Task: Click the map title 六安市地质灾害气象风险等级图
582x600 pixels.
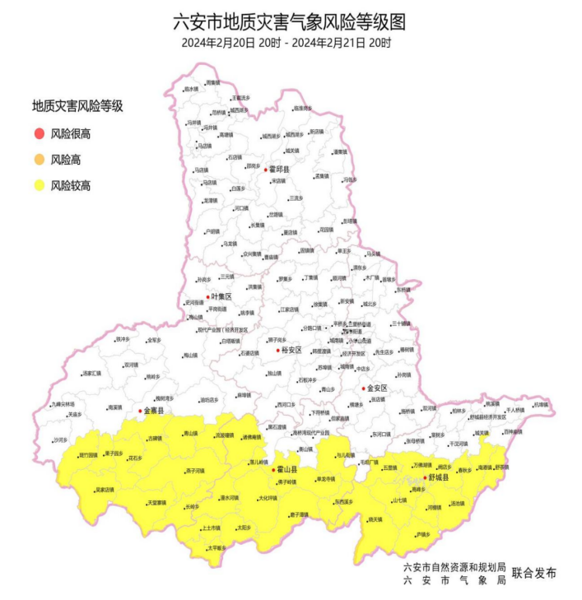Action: tap(290, 21)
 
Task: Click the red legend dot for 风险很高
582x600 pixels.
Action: tap(39, 133)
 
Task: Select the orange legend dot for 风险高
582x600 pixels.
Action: tap(39, 160)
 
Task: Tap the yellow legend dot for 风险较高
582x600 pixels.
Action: tap(39, 186)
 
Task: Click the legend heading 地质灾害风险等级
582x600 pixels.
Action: tap(77, 106)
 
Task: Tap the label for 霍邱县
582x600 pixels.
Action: tap(280, 169)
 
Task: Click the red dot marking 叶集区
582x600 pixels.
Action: tap(207, 296)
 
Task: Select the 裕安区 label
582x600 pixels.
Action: tap(292, 351)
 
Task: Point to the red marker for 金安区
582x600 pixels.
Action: tap(362, 388)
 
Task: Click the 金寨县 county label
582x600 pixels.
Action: tap(155, 410)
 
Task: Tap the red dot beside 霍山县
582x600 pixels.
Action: tap(273, 470)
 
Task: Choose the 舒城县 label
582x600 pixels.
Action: tap(438, 477)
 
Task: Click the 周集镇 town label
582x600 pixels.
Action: tap(212, 82)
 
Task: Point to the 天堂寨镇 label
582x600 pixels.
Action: tap(159, 503)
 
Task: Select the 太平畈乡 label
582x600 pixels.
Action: tap(217, 547)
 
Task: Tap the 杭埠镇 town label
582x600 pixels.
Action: tap(538, 404)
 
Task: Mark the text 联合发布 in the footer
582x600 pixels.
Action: tap(533, 573)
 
